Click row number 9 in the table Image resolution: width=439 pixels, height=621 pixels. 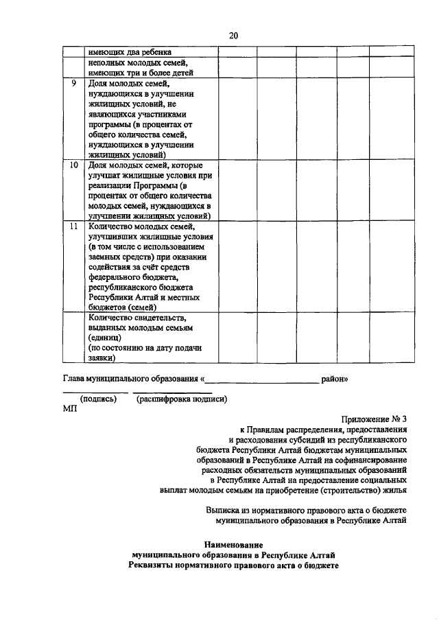73,83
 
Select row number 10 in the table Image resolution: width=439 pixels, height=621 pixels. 73,165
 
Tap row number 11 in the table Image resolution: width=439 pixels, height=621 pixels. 73,226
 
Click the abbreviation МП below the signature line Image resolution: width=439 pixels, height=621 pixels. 70,408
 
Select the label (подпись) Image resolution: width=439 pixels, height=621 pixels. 98,398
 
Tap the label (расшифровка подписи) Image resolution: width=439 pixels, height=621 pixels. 181,398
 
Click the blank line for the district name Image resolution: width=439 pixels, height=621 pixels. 261,379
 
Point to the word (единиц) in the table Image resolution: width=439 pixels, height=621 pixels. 104,338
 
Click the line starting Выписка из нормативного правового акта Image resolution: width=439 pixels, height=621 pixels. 307,510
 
